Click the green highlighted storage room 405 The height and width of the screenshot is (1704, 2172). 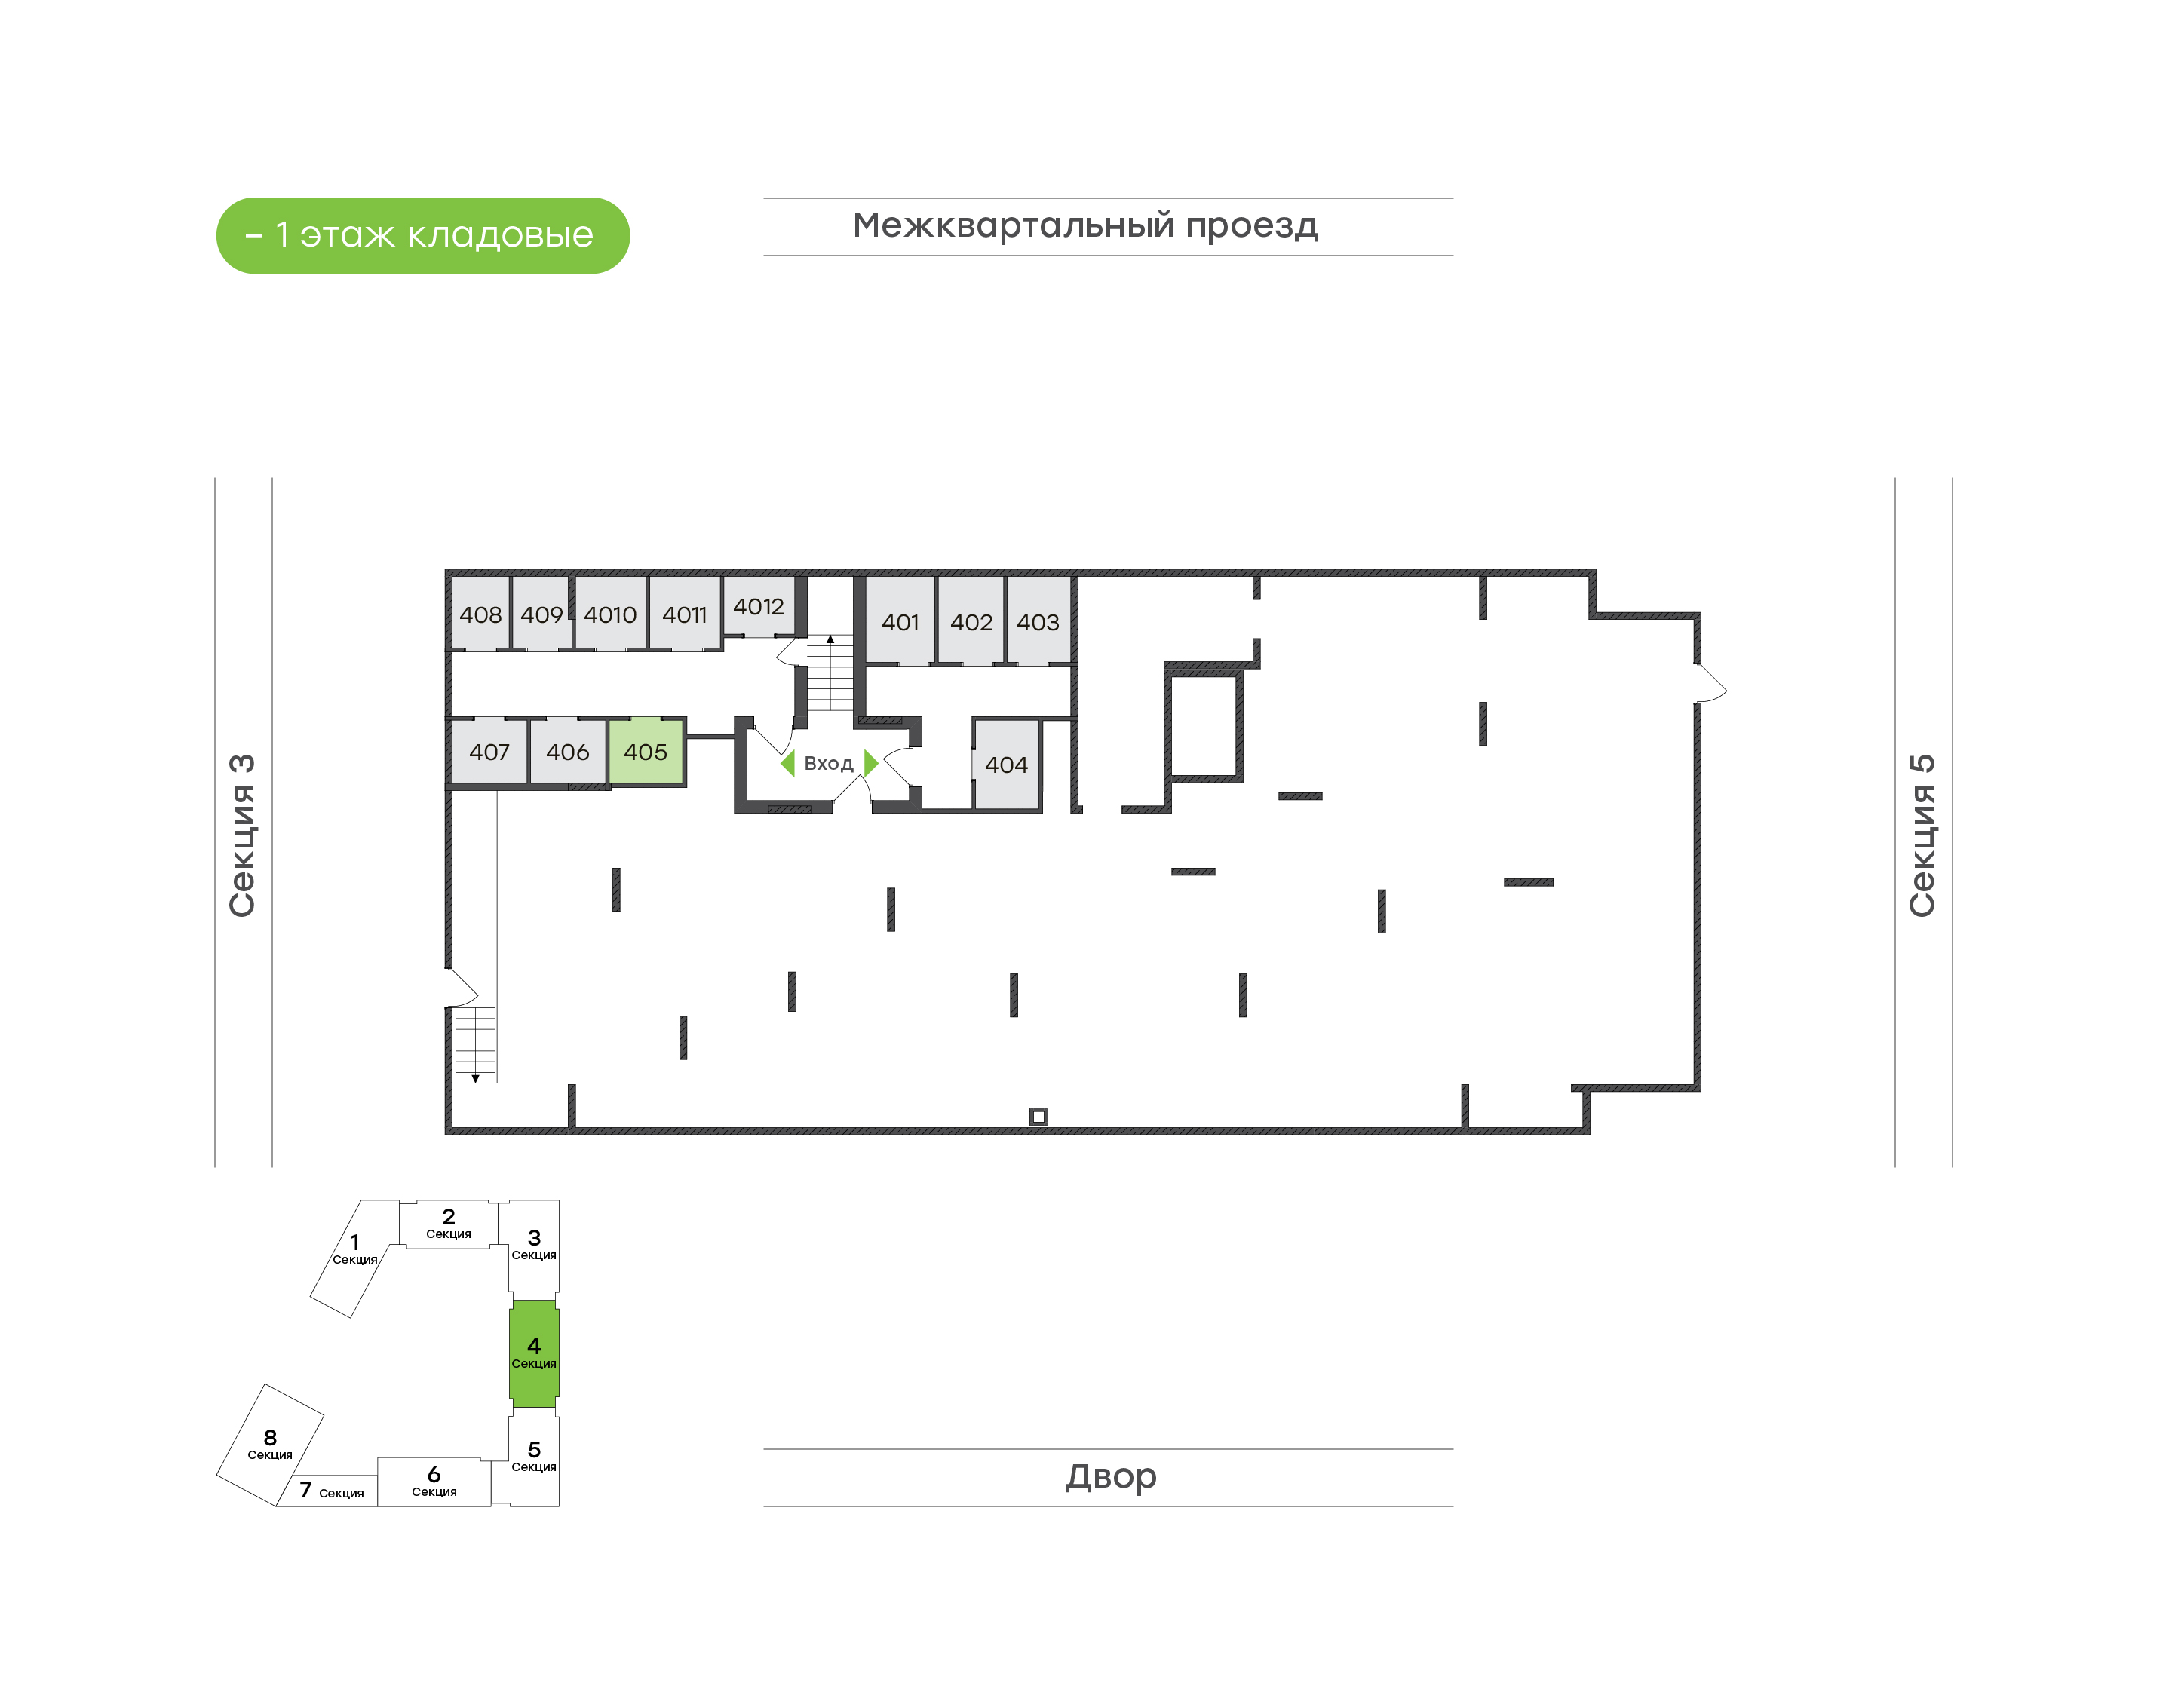(x=646, y=751)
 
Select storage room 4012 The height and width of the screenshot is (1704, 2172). (x=758, y=605)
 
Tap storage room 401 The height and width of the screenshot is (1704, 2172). (x=900, y=621)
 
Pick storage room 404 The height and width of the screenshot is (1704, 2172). (x=1007, y=765)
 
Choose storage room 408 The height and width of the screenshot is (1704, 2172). (x=481, y=614)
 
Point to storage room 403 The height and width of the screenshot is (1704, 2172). (x=1038, y=621)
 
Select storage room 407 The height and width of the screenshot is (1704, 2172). (x=489, y=751)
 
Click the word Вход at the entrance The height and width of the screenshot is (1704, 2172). (x=829, y=763)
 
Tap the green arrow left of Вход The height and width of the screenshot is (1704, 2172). (x=788, y=763)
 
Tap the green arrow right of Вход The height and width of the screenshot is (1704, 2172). (x=871, y=763)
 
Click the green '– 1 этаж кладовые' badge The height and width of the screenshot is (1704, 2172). (x=423, y=235)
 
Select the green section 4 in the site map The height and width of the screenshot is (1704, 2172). (x=534, y=1353)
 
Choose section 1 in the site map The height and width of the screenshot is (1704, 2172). (x=355, y=1257)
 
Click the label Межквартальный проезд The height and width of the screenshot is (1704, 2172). (x=1085, y=226)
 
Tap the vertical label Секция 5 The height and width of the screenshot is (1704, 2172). (x=1922, y=836)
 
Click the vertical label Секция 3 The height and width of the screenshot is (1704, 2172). (x=242, y=836)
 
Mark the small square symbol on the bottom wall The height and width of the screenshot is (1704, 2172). (x=1038, y=1117)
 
